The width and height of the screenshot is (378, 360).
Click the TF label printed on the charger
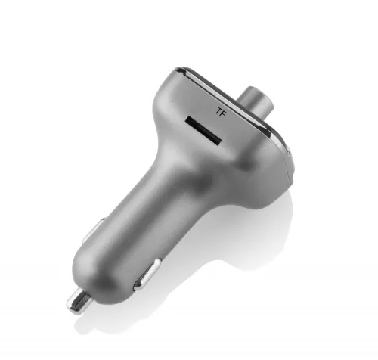(222, 111)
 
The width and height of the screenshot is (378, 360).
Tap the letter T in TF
(218, 110)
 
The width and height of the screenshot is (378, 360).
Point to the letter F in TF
(224, 113)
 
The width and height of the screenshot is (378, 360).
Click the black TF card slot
(203, 131)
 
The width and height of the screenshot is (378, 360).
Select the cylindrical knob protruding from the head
(254, 100)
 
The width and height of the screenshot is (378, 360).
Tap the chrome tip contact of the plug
(79, 302)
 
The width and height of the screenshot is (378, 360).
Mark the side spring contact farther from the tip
(94, 231)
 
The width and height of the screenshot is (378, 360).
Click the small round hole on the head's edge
(288, 153)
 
